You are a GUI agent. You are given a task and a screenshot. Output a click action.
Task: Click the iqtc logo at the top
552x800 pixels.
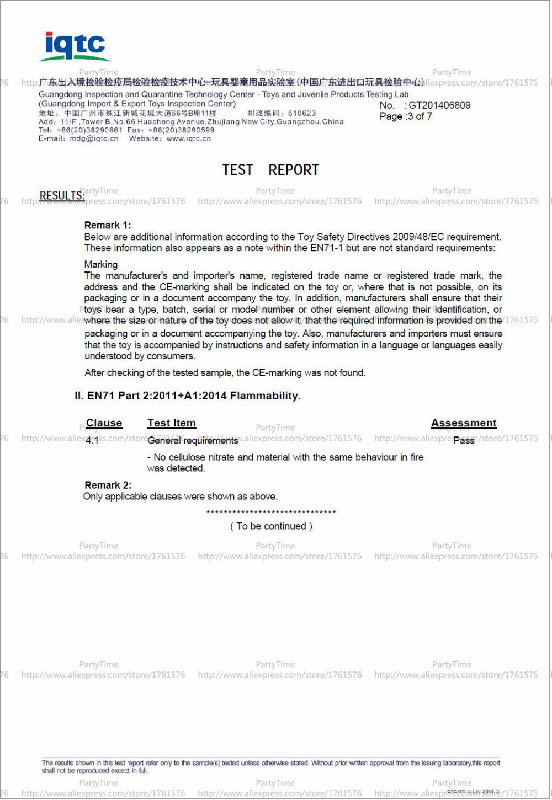tap(75, 46)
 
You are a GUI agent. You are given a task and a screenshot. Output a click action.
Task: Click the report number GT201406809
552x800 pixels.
tap(439, 105)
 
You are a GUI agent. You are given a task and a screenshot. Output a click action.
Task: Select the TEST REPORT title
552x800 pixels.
tap(270, 170)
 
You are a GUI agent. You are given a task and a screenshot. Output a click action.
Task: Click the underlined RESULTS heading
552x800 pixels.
tap(62, 196)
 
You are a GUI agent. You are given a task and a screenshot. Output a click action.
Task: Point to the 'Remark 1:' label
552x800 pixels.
tap(108, 225)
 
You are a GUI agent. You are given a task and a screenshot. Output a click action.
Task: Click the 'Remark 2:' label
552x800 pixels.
tap(108, 485)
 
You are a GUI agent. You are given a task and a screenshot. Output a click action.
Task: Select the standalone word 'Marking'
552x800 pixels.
tap(101, 264)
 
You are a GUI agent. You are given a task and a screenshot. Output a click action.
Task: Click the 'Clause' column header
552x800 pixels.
tap(104, 423)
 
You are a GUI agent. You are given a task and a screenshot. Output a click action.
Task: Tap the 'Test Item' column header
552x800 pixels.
tap(172, 423)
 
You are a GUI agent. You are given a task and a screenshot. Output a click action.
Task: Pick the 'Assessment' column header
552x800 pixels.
tap(464, 423)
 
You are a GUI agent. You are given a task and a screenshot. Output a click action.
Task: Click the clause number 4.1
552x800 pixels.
tap(92, 440)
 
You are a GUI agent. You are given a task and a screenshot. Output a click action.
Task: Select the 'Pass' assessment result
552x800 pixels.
tap(464, 440)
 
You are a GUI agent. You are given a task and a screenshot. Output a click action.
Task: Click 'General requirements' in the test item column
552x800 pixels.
tap(193, 440)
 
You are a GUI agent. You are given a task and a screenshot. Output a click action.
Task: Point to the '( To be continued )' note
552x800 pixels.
tap(271, 526)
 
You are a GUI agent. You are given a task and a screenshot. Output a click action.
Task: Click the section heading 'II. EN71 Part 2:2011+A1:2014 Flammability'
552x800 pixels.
tap(188, 396)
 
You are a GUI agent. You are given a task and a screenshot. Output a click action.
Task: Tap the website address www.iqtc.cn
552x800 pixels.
tap(189, 138)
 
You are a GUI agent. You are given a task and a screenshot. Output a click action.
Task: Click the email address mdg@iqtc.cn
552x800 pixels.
tap(94, 138)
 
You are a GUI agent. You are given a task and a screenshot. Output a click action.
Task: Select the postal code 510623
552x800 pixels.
tap(302, 113)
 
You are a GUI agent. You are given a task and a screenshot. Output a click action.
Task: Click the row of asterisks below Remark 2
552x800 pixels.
tap(271, 513)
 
